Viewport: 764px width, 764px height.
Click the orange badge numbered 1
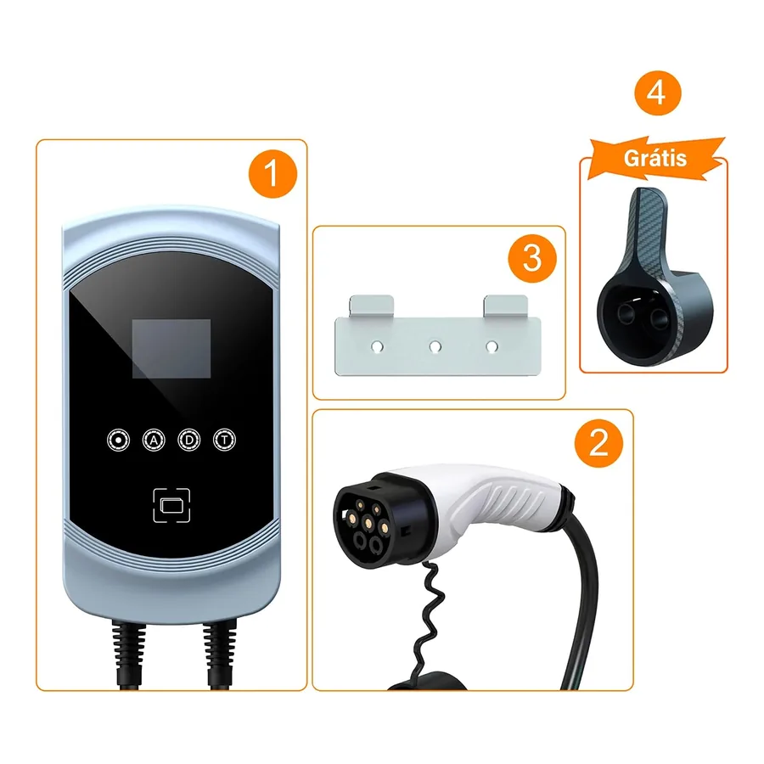pyautogui.click(x=272, y=173)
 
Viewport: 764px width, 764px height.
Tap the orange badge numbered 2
pyautogui.click(x=598, y=443)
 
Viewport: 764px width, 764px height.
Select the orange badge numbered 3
pyautogui.click(x=532, y=258)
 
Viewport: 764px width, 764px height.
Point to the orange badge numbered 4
pyautogui.click(x=657, y=93)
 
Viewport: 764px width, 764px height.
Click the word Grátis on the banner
pyautogui.click(x=654, y=159)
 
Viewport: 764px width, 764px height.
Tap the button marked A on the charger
pyautogui.click(x=154, y=441)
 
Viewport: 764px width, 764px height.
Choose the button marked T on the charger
pyautogui.click(x=225, y=441)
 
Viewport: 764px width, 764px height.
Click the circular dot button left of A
pyautogui.click(x=118, y=441)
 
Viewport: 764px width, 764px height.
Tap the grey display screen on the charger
pyautogui.click(x=171, y=349)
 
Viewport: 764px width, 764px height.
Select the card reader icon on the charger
pyautogui.click(x=171, y=505)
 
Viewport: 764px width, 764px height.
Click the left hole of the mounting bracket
pyautogui.click(x=377, y=347)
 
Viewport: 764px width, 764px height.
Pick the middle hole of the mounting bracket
pyautogui.click(x=435, y=347)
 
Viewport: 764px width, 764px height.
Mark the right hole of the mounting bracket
pyautogui.click(x=492, y=347)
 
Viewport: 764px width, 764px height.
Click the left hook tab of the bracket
pyautogui.click(x=371, y=306)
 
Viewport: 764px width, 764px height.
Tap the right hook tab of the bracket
pyautogui.click(x=505, y=306)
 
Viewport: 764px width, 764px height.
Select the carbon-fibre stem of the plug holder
pyautogui.click(x=648, y=229)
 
